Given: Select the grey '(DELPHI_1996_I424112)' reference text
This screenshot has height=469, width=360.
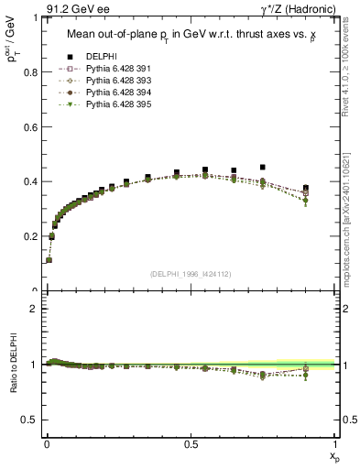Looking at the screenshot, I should [191, 274].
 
